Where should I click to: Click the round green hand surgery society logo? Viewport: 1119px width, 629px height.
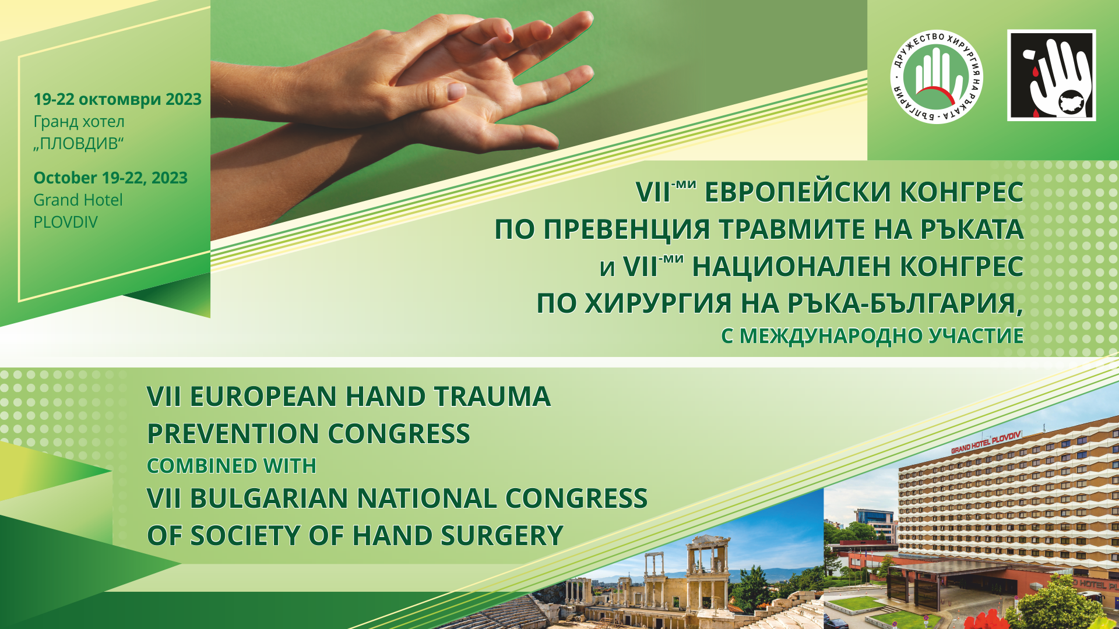(x=937, y=77)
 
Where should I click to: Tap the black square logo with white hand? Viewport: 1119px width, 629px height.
(x=1051, y=76)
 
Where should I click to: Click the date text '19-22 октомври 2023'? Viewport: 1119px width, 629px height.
(x=117, y=99)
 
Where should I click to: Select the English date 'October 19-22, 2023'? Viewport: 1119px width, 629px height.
(x=110, y=178)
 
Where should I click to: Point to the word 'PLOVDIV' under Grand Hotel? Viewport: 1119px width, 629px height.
(x=65, y=222)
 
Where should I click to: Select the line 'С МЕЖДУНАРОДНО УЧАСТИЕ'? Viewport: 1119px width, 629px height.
(x=872, y=336)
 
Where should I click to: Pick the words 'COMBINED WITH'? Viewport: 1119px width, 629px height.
(x=231, y=466)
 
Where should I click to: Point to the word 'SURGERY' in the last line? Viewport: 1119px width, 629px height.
(x=502, y=536)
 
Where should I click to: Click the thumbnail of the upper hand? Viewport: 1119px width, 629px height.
(x=455, y=91)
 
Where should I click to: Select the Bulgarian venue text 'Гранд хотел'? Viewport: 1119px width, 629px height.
(x=79, y=122)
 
